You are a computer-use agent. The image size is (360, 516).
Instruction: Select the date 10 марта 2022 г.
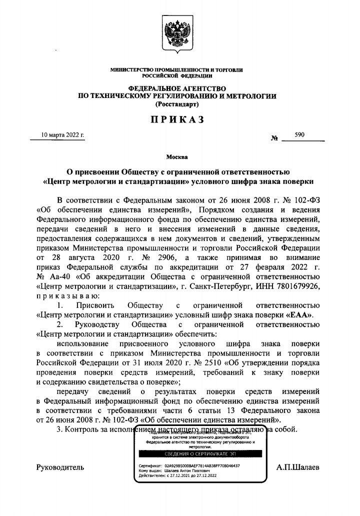click(x=62, y=135)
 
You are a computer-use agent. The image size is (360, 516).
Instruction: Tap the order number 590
click(x=300, y=135)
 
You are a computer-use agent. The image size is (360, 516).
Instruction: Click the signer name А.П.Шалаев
click(x=298, y=467)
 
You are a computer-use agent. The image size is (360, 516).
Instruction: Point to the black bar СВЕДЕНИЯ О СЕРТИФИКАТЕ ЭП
click(x=198, y=454)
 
